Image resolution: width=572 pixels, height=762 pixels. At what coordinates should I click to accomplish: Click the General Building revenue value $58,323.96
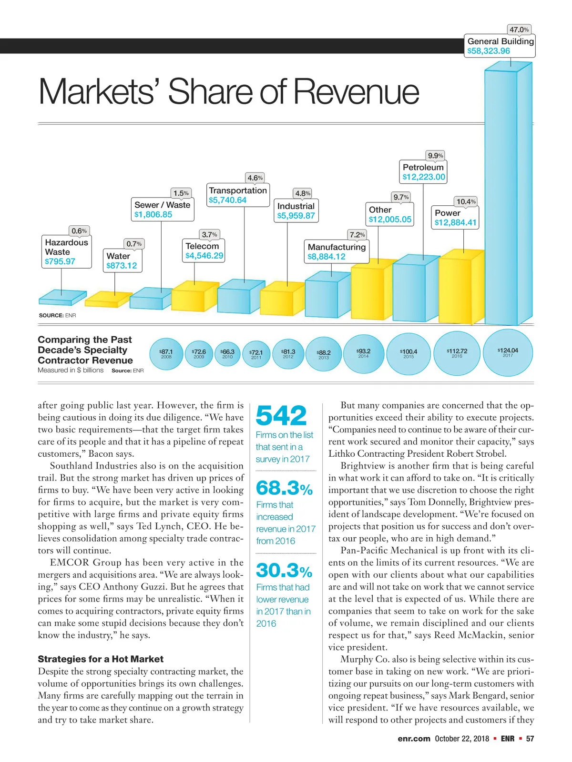pos(489,51)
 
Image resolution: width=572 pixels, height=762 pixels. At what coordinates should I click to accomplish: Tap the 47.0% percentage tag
pos(519,30)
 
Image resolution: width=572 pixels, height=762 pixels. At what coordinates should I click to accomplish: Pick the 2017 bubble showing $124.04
pos(508,352)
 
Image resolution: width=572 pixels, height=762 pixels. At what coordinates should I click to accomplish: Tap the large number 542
pos(281,415)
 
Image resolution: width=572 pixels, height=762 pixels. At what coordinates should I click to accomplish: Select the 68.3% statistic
pos(284,488)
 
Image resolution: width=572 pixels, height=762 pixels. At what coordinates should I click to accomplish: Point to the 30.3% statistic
pos(284,571)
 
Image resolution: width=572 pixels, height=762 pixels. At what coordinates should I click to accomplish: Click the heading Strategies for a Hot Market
pos(101,659)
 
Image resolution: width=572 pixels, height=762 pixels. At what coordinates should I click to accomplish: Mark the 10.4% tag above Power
pos(466,201)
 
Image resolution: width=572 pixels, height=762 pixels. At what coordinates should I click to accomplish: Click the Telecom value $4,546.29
pos(204,256)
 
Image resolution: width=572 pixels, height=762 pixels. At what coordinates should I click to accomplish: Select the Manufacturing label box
pos(337,251)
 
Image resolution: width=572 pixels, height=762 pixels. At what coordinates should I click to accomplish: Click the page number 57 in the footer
pos(530,739)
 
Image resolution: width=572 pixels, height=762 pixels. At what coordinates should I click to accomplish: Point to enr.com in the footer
pos(414,739)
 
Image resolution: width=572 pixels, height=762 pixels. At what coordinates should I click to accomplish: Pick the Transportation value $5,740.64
pos(228,200)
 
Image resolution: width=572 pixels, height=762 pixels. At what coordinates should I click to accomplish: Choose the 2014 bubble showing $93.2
pos(363,353)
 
